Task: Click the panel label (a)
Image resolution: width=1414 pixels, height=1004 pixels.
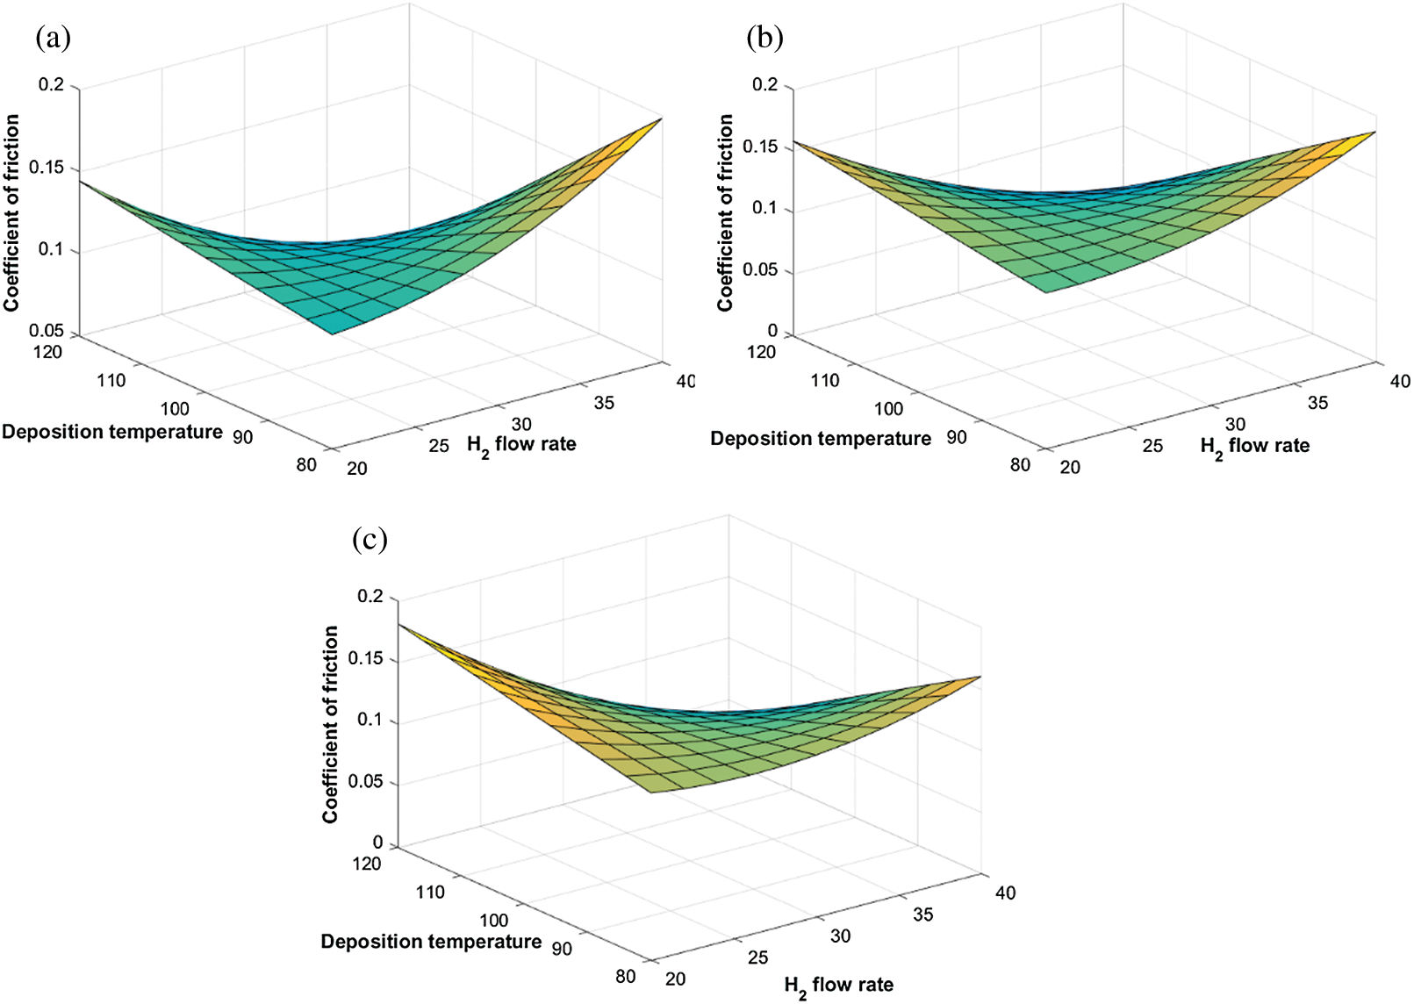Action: click(53, 38)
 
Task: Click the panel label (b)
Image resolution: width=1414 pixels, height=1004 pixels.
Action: click(764, 38)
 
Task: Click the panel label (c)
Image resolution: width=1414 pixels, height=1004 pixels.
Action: click(370, 539)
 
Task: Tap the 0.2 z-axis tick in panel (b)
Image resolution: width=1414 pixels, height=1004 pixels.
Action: click(765, 85)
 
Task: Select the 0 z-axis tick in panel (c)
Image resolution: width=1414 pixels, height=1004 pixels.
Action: click(377, 843)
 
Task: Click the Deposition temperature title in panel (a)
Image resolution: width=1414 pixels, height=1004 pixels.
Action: click(112, 432)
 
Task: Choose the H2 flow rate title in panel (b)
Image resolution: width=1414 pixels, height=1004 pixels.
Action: click(1254, 447)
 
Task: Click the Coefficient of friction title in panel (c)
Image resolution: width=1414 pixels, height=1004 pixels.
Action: click(330, 724)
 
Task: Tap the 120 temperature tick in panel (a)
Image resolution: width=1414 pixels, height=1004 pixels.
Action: click(48, 352)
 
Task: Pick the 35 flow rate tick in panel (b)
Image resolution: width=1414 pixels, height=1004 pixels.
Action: click(1317, 403)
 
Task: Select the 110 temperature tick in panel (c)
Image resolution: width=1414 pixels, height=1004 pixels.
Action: click(430, 893)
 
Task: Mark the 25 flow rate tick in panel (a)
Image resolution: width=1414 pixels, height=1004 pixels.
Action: click(439, 446)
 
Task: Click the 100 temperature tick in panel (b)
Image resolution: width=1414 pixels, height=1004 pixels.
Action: click(888, 409)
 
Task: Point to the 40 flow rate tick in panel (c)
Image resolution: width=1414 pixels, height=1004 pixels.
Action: click(1005, 893)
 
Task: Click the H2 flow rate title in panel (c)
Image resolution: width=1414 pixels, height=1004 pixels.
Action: click(838, 986)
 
